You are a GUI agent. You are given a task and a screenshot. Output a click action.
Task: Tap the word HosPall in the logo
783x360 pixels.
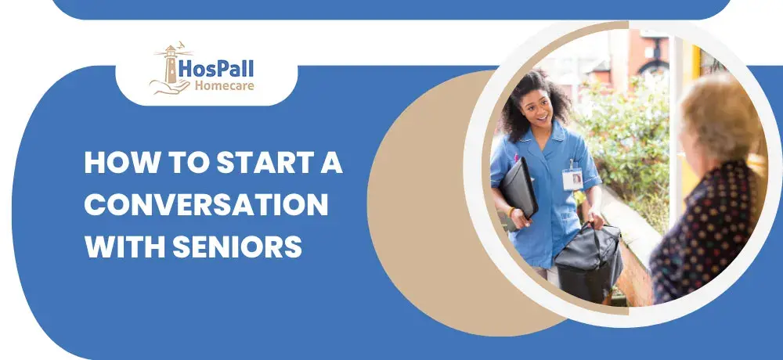216,68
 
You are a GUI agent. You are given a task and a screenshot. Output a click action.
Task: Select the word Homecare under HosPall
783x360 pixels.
224,85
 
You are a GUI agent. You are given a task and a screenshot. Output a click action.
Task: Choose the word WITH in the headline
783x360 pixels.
124,246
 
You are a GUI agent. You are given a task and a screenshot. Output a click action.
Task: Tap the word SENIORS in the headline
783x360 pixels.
237,246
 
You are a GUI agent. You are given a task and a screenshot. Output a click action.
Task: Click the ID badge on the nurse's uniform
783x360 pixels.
573,178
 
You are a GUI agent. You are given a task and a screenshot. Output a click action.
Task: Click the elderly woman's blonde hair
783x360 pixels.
720,118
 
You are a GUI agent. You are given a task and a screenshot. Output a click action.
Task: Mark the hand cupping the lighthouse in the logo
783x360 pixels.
170,88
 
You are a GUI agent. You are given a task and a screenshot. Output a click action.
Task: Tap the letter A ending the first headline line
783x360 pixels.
331,162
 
